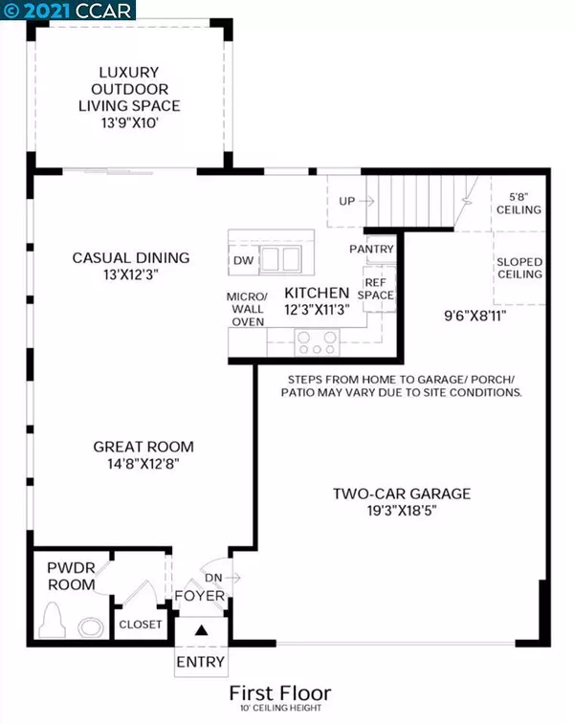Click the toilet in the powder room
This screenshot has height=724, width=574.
pos(51,621)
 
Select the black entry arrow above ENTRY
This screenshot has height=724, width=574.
pos(201,630)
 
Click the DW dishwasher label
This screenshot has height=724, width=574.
pos(243,260)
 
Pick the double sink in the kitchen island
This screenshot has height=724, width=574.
pos(280,258)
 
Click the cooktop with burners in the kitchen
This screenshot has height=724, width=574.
pos(317,342)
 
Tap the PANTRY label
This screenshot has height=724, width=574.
pos(372,250)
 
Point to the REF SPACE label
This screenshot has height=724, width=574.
pos(376,289)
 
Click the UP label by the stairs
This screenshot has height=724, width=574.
pos(347,201)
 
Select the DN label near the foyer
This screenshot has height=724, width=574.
pos(213,578)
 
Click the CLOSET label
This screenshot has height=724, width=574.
pos(141,625)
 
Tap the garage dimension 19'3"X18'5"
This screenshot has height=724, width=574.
pos(402,511)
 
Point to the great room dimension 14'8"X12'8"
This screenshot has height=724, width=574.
pos(143,464)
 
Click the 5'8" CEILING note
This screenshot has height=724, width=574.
pos(519,204)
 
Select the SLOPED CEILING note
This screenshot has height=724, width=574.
pos(519,268)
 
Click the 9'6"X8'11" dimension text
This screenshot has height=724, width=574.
pos(475,317)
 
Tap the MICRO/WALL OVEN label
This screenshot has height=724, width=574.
pos(248,309)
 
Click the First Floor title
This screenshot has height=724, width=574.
pos(280,693)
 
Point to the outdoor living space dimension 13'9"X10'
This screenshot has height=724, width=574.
pos(130,122)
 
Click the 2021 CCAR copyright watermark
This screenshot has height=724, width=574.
pos(67,11)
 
